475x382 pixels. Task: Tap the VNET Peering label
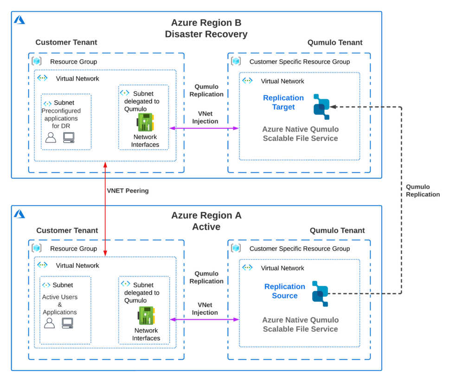(x=128, y=191)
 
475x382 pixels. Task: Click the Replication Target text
(x=283, y=103)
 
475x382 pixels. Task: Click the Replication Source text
(x=284, y=291)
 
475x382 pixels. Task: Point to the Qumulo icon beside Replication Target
(x=321, y=107)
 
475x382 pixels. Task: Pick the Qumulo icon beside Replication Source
(x=320, y=293)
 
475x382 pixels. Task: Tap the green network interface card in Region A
(x=145, y=316)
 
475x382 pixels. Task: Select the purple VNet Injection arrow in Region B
(x=204, y=128)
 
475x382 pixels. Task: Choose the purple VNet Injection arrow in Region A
(x=204, y=319)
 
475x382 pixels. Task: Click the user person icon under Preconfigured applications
(x=51, y=137)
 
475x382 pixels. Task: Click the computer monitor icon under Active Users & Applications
(x=68, y=323)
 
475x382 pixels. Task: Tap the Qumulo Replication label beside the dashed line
(x=423, y=191)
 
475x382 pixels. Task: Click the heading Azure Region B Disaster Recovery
(x=206, y=28)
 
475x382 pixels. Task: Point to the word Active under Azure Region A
(x=206, y=227)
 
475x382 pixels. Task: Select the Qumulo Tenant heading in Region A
(x=337, y=231)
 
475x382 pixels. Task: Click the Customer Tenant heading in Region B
(x=66, y=42)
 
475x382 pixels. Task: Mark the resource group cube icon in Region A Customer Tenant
(x=37, y=248)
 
